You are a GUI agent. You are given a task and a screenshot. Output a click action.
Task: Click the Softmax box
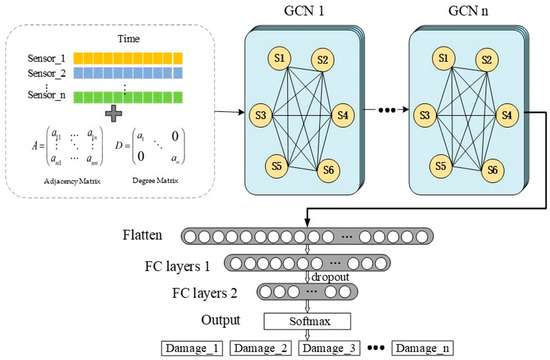pos(309,320)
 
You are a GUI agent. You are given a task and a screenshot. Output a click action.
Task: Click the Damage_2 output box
pos(262,347)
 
